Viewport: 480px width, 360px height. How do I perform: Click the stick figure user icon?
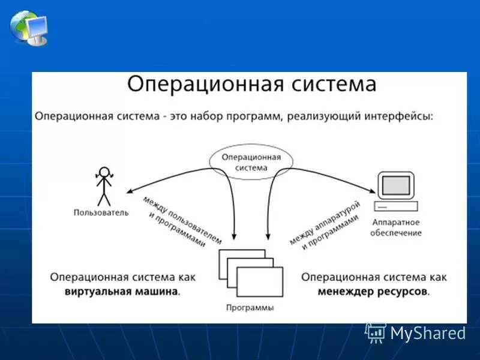pyautogui.click(x=104, y=185)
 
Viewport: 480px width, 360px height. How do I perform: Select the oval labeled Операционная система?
pyautogui.click(x=251, y=161)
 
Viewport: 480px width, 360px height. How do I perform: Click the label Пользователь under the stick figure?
pyautogui.click(x=100, y=212)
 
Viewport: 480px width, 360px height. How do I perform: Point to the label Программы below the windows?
pyautogui.click(x=250, y=307)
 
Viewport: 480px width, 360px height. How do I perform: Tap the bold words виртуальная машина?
pyautogui.click(x=122, y=292)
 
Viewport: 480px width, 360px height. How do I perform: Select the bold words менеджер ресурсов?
pyautogui.click(x=374, y=292)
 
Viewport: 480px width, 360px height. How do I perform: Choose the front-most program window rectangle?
pyautogui.click(x=260, y=282)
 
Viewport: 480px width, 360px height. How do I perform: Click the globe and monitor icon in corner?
pyautogui.click(x=29, y=27)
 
